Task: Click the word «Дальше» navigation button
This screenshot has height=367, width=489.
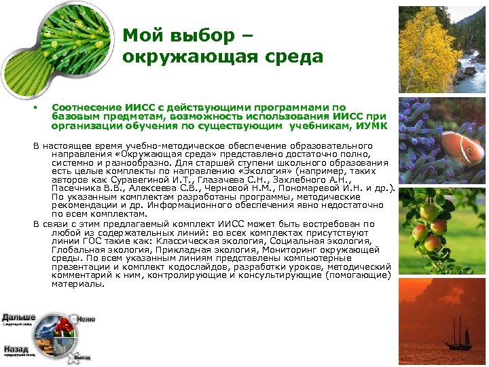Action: (18, 317)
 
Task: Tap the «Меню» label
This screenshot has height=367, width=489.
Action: (86, 319)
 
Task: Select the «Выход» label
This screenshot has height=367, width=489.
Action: (82, 356)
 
